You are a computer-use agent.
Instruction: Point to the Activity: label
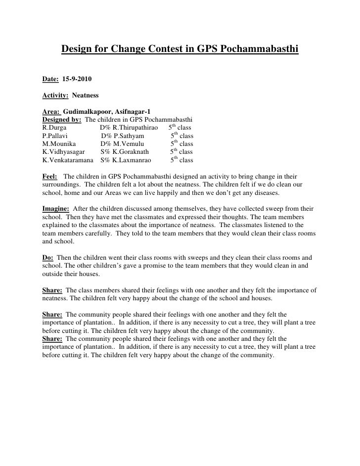pos(56,94)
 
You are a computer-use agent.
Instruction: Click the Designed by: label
pos(62,119)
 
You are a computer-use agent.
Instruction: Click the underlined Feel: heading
pos(50,176)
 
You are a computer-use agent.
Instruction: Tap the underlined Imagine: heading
pos(56,209)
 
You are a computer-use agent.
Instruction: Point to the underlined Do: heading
pos(48,258)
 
